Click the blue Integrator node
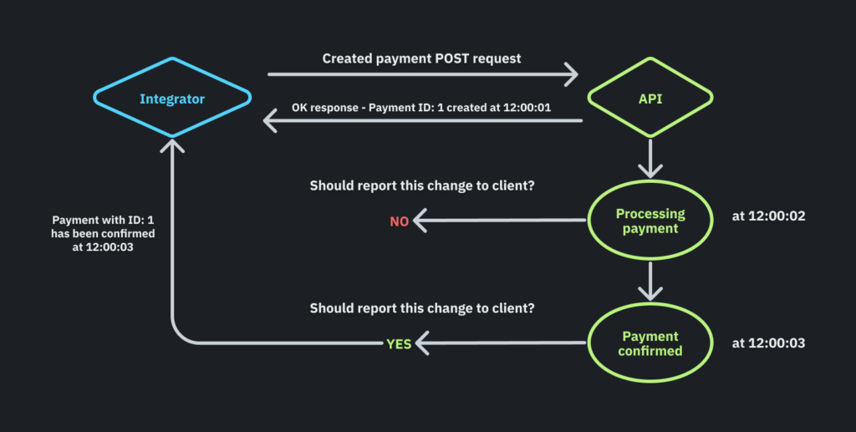pos(172,99)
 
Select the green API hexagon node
pos(650,99)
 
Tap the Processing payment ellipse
pos(650,221)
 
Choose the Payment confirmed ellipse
pos(650,343)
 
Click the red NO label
pos(400,221)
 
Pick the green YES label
pos(399,343)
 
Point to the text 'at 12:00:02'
pos(767,216)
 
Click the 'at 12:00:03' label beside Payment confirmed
pos(767,343)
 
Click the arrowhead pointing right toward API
pos(570,74)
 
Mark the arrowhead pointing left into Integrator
pos(272,122)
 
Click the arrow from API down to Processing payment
pos(650,159)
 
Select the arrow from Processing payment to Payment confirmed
pos(650,282)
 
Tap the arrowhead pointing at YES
pos(423,343)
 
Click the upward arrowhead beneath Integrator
pos(172,147)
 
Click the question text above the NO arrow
pos(422,186)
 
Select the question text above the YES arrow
pos(422,307)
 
